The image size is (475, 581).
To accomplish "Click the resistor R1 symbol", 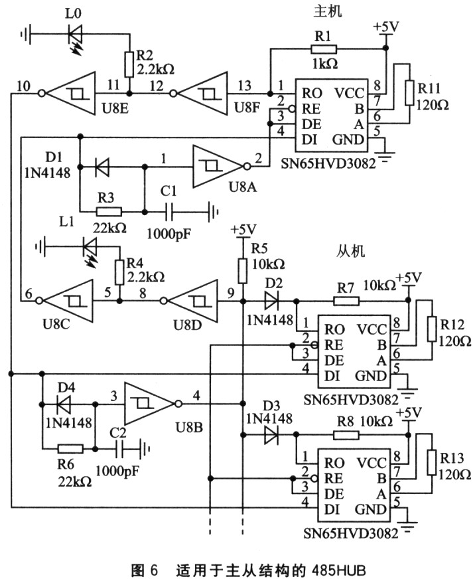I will click(x=322, y=48).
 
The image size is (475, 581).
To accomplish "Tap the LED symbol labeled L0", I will click(x=74, y=32).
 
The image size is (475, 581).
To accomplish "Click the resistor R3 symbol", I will click(x=109, y=212).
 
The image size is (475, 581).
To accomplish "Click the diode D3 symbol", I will click(x=272, y=436).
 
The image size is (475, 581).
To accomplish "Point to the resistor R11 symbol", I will click(x=409, y=93).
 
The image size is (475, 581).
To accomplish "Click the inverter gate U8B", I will click(x=149, y=404).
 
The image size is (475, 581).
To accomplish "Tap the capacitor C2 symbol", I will click(x=121, y=450).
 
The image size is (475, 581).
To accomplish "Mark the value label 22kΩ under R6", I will click(x=73, y=480).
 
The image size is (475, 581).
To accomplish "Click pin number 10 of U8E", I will click(x=23, y=85).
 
